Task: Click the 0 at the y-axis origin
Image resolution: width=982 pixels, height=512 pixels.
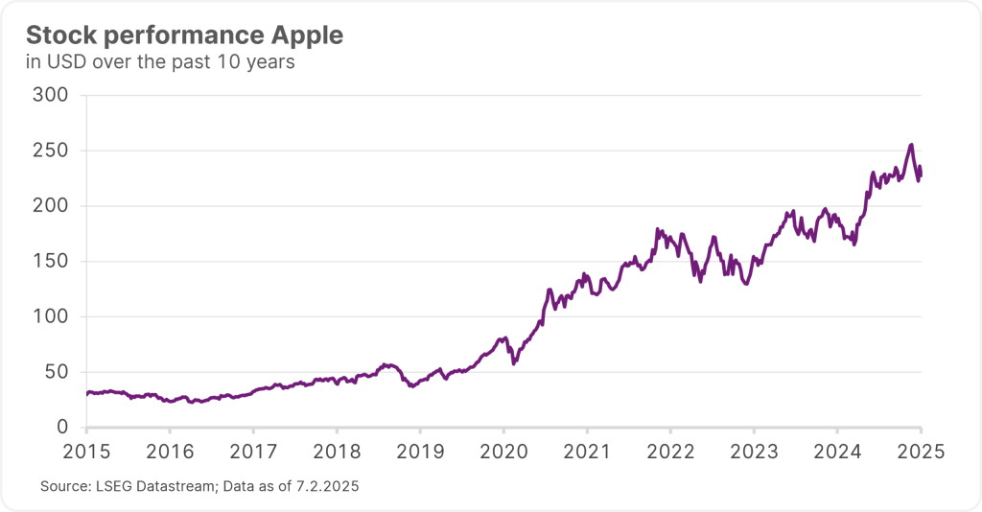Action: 64,427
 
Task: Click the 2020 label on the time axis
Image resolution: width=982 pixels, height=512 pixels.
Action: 503,451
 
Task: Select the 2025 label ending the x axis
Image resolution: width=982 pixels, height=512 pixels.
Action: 921,451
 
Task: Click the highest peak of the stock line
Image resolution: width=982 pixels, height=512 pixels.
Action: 911,146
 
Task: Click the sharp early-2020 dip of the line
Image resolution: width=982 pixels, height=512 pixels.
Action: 514,362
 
